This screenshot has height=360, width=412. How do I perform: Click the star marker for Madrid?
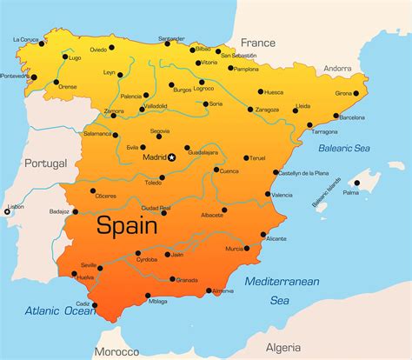pyautogui.click(x=172, y=157)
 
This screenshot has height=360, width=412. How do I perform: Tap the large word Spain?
pyautogui.click(x=126, y=226)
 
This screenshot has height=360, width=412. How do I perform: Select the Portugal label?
pyautogui.click(x=45, y=163)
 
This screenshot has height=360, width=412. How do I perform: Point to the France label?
pyautogui.click(x=257, y=42)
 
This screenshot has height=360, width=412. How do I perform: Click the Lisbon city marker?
pyautogui.click(x=7, y=211)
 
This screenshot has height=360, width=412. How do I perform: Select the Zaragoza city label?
pyautogui.click(x=268, y=110)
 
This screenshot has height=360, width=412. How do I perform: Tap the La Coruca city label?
pyautogui.click(x=25, y=39)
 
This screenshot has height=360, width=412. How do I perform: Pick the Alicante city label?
pyautogui.click(x=276, y=237)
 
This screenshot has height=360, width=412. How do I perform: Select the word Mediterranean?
pyautogui.click(x=282, y=281)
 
